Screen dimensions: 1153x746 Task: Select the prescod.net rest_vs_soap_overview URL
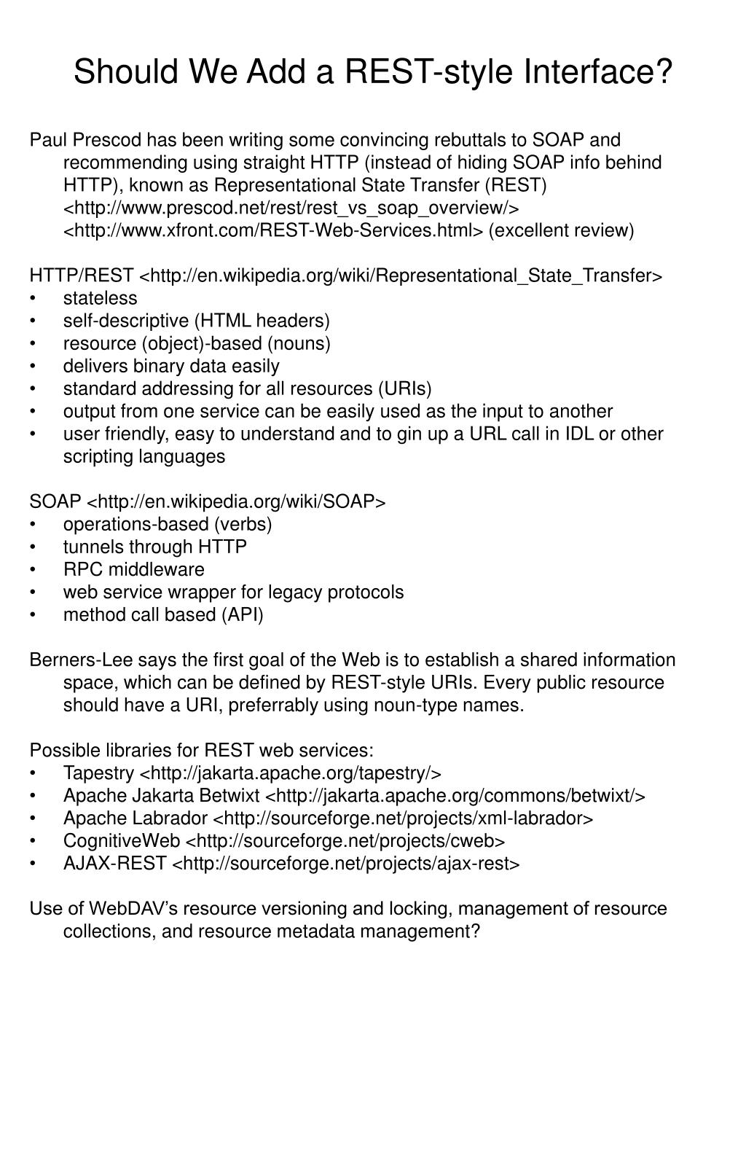(291, 208)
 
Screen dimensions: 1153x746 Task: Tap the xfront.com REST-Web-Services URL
(273, 230)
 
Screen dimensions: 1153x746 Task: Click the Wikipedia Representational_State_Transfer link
(400, 275)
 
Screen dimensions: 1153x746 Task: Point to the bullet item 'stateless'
(100, 298)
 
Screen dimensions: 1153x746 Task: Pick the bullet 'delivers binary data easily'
(171, 366)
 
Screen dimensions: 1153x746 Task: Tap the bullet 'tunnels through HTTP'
(154, 547)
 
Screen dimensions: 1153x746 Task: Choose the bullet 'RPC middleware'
(133, 569)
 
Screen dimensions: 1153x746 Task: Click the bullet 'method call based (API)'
(163, 614)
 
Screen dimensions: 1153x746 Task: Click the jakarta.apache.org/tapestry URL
(290, 773)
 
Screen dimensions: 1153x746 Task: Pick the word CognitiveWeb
(121, 840)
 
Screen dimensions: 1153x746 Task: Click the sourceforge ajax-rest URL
(345, 863)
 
